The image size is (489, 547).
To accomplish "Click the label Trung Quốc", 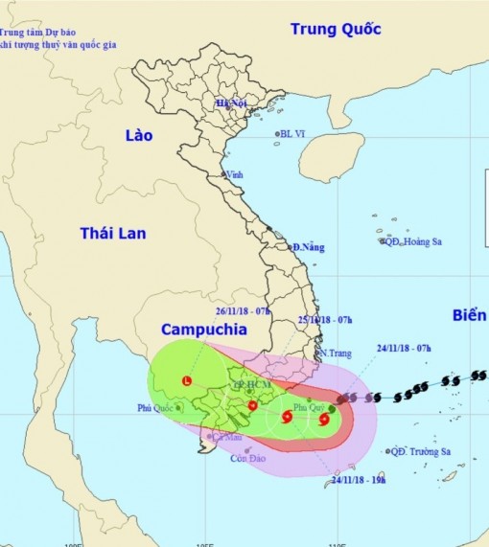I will click(336, 30).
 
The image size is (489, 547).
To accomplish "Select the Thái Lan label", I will click(114, 233).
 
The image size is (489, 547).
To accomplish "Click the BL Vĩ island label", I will click(295, 135).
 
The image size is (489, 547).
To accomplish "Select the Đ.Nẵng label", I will click(309, 247).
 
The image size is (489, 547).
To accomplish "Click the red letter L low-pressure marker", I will click(186, 381).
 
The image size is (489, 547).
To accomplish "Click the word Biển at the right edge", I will click(469, 315).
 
